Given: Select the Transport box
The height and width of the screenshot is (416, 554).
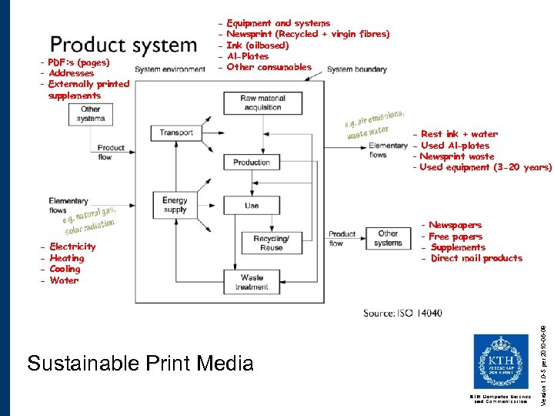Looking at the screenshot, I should (176, 133).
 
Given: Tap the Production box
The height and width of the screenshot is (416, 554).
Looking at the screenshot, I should (252, 163).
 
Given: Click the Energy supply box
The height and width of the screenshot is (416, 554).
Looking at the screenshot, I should (175, 205).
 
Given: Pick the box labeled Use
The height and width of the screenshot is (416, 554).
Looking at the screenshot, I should (252, 206).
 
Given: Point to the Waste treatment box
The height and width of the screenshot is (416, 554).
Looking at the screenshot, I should (252, 282).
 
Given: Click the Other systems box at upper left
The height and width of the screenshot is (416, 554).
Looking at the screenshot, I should (91, 114).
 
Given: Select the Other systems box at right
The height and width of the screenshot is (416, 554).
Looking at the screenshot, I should (388, 238).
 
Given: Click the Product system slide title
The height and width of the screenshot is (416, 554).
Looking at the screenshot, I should (123, 45).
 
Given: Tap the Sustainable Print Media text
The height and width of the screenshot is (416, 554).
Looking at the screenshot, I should (139, 362).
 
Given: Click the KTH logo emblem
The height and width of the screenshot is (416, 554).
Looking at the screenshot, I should (500, 361).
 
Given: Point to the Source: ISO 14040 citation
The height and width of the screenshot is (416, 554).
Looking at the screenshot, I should (402, 313).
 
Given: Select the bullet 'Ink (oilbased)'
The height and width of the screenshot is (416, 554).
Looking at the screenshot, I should (258, 45).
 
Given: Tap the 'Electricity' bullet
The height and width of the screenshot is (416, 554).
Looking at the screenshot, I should (72, 247).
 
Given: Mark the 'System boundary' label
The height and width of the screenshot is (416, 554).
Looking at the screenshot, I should (356, 69).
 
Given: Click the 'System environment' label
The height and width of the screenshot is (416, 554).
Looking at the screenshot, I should (170, 69).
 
